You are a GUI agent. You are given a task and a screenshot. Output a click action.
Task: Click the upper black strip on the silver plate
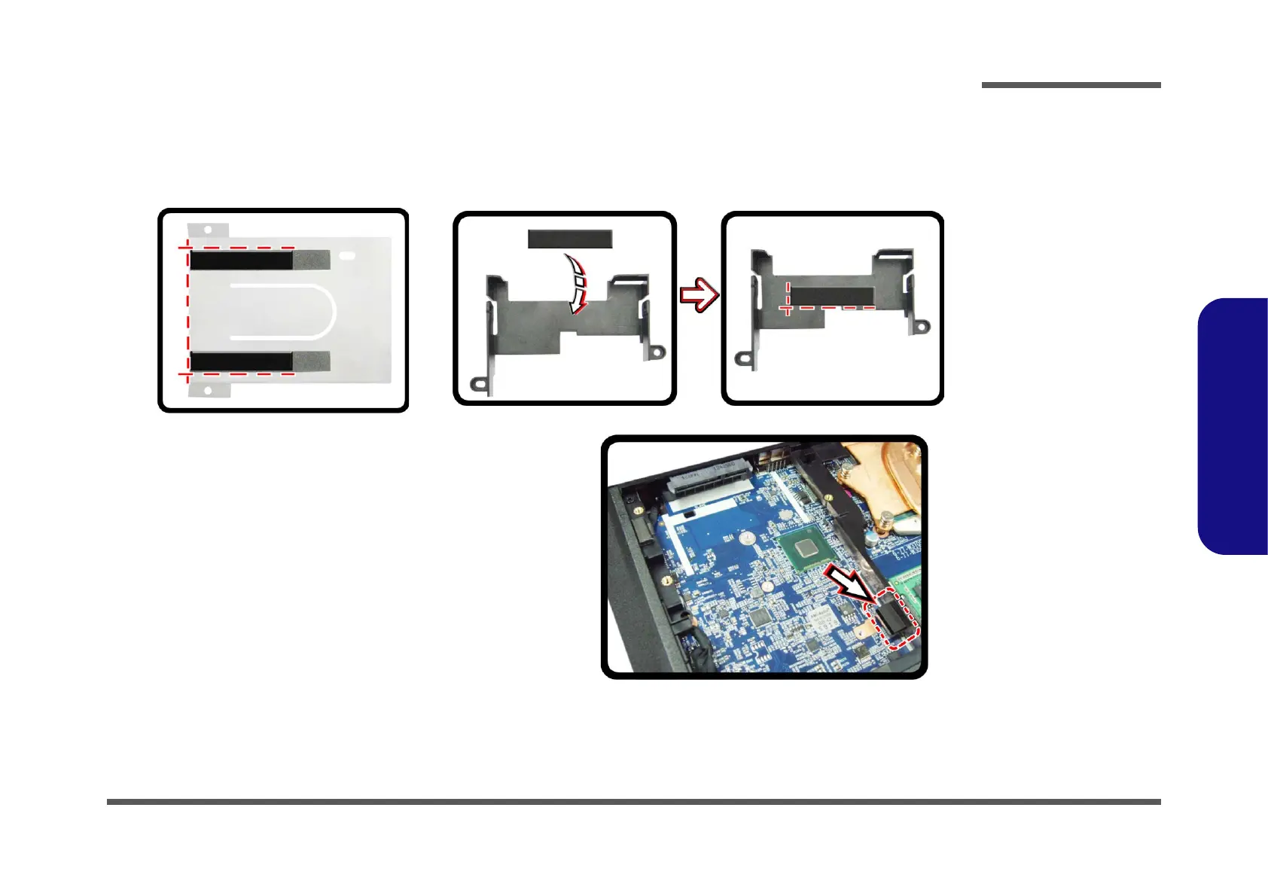click(241, 261)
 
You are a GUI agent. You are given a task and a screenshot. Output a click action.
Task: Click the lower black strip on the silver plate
click(241, 361)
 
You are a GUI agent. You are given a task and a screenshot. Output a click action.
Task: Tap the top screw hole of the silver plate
click(206, 229)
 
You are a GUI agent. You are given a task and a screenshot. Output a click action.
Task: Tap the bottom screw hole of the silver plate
click(208, 390)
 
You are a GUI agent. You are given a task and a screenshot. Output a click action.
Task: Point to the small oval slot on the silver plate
click(347, 256)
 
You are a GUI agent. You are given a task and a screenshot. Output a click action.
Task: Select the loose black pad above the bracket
click(569, 239)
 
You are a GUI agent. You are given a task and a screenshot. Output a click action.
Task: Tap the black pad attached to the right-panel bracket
click(831, 295)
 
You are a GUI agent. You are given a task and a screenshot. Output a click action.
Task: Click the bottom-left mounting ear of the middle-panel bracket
click(477, 385)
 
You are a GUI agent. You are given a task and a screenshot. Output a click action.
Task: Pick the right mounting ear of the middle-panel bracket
click(657, 352)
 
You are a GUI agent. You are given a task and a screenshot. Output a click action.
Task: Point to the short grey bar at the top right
click(1071, 85)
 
